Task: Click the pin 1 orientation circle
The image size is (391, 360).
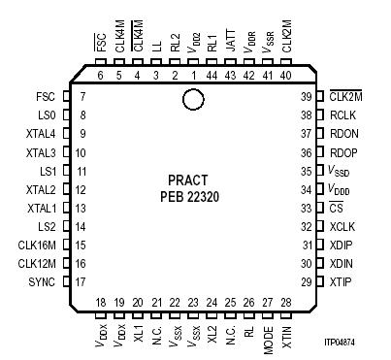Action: click(193, 99)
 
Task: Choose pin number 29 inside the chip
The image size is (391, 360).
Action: click(306, 281)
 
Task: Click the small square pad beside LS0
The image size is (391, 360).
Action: click(65, 115)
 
